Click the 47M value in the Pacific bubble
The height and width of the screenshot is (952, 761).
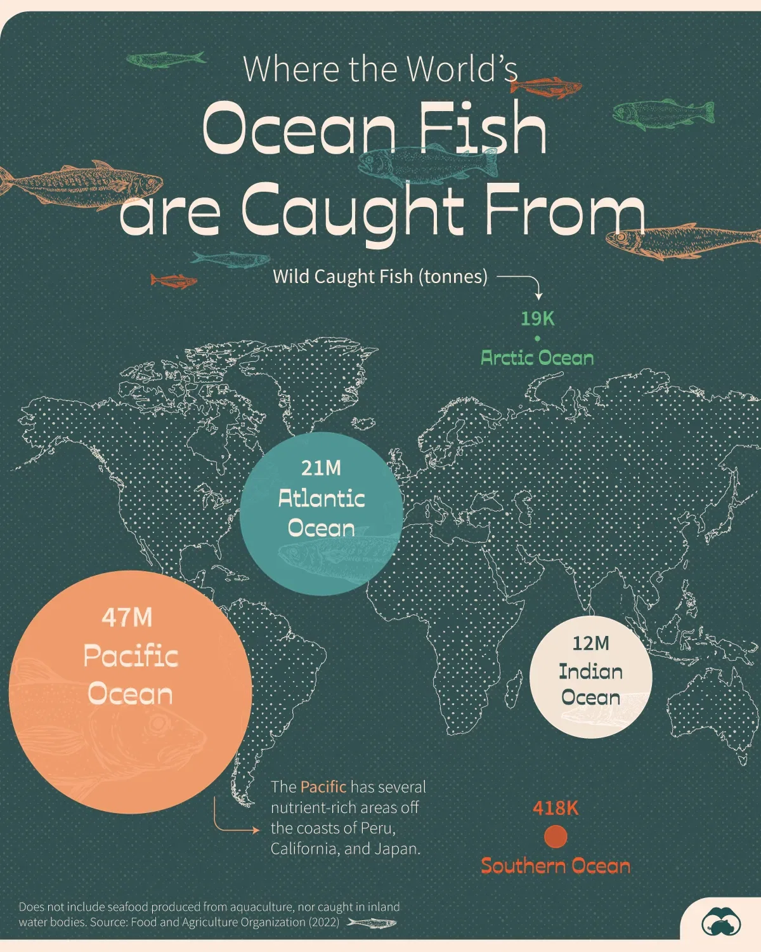pos(127,618)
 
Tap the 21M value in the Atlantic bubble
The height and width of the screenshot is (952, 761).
pos(321,468)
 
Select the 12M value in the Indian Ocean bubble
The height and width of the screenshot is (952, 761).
pos(590,644)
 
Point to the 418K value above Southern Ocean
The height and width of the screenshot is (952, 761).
pos(556,808)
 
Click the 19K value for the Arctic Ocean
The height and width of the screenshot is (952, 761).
pos(537,319)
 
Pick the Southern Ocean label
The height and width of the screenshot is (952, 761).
pos(556,866)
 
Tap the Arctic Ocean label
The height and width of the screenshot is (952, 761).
pos(537,358)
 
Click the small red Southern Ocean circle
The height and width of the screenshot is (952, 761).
pos(556,836)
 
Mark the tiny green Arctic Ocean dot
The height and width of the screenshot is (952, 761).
pos(537,339)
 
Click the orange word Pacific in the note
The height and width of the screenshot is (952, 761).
pos(323,787)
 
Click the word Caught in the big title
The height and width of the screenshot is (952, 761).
pos(352,209)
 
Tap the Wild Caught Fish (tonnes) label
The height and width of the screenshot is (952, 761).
pos(380,277)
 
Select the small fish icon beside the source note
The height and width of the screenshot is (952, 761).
pos(372,923)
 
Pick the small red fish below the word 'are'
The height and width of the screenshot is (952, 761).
pos(173,281)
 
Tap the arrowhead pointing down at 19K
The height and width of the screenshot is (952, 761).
pos(538,296)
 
